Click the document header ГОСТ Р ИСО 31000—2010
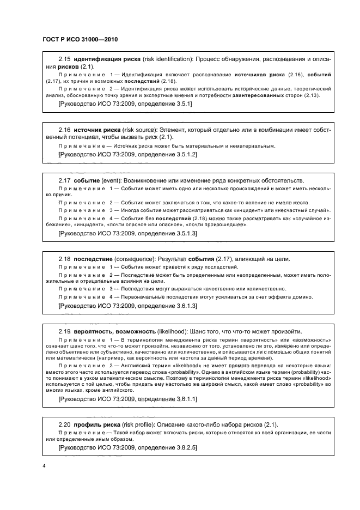click(x=80, y=40)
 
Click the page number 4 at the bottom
click(x=44, y=466)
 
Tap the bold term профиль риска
click(x=96, y=424)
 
